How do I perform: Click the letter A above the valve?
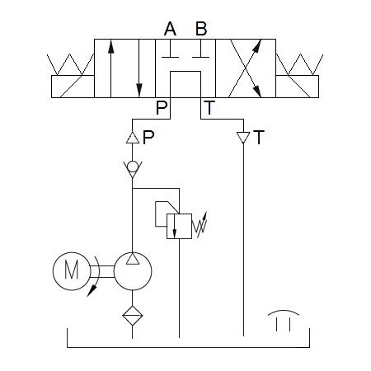(170, 29)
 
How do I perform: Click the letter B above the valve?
(201, 29)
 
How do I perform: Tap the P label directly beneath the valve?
(162, 107)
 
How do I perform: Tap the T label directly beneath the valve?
(209, 107)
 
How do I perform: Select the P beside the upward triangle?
(148, 138)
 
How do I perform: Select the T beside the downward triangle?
(259, 138)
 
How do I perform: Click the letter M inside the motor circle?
(72, 270)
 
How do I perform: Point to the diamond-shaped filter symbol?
(133, 316)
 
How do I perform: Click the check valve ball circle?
(133, 167)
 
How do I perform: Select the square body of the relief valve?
(179, 226)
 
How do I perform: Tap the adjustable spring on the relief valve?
(200, 225)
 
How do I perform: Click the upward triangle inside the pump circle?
(133, 259)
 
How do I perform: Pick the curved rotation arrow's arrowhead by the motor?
(92, 292)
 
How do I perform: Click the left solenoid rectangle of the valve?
(73, 87)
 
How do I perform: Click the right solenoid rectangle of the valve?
(298, 87)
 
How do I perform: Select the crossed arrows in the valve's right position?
(245, 68)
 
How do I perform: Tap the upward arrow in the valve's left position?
(110, 68)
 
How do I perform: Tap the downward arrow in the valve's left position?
(139, 68)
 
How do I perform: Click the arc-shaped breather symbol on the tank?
(284, 312)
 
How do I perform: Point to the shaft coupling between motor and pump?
(102, 271)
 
